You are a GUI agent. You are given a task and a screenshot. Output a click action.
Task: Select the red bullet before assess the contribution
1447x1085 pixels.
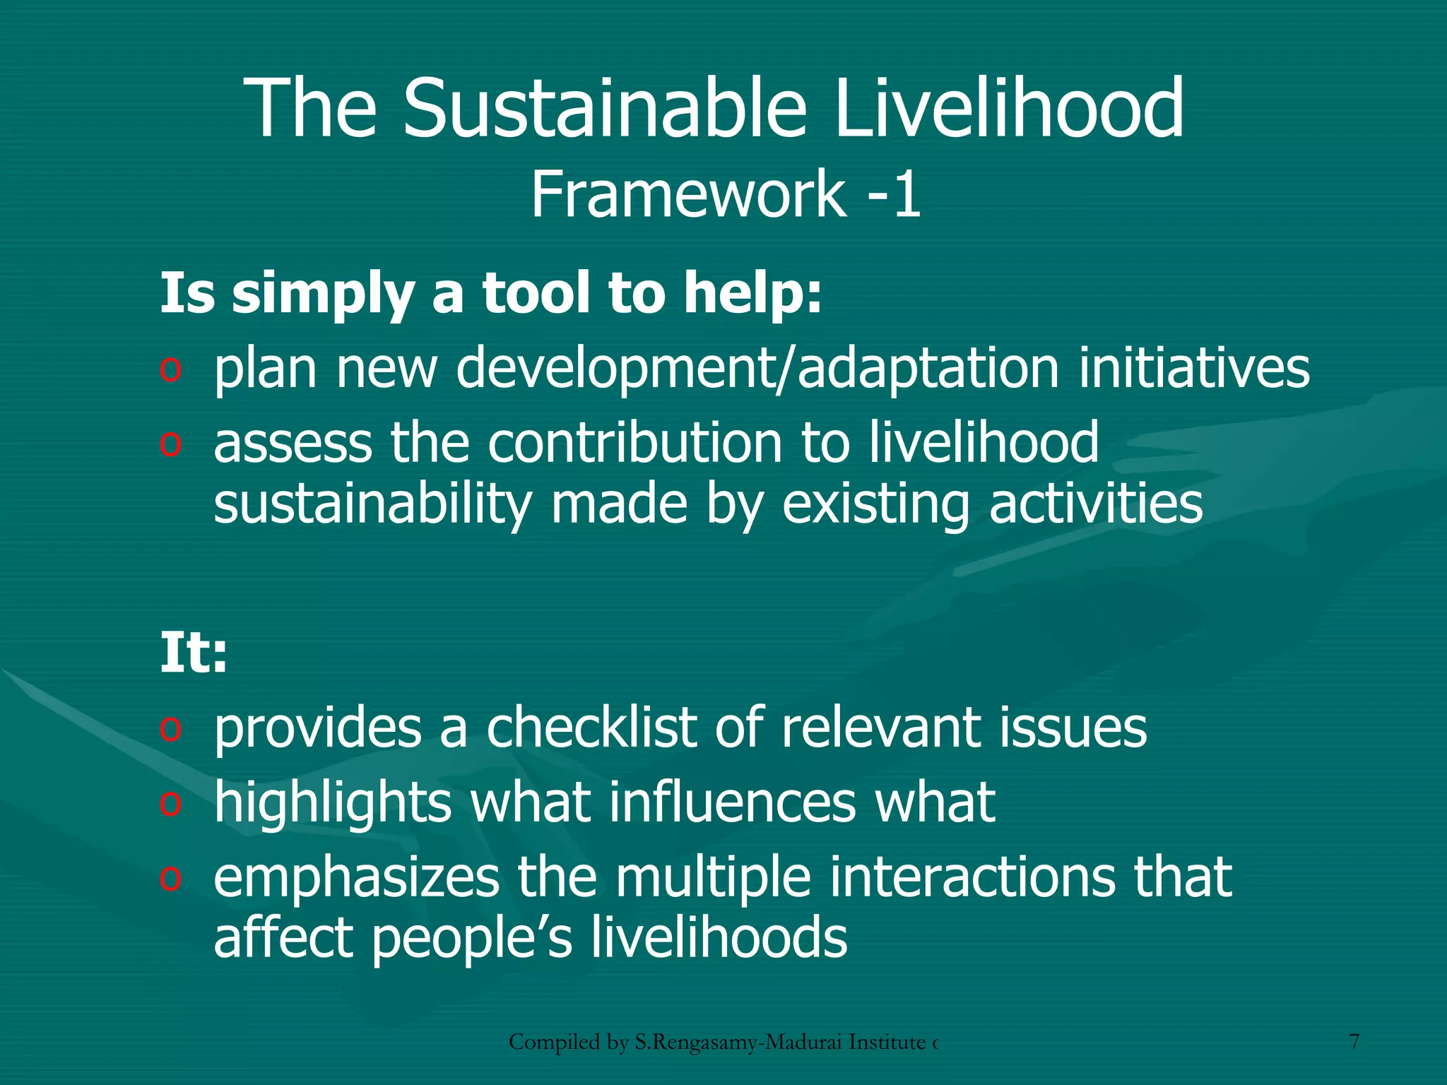[170, 444]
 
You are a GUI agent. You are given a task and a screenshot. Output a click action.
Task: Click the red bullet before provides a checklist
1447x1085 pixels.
[170, 729]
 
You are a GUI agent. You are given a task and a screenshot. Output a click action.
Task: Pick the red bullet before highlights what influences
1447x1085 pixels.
[170, 804]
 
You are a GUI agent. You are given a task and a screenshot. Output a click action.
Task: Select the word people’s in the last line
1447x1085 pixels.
[471, 937]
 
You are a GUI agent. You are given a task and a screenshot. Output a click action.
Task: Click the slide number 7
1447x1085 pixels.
[1354, 1042]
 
